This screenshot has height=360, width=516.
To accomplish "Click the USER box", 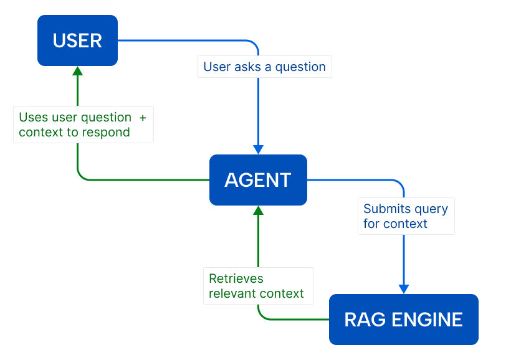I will pos(77,40).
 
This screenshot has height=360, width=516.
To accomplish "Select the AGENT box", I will pos(258,180).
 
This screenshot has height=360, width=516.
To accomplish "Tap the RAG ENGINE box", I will pos(403,320).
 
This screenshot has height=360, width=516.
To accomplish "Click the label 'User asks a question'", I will pos(264,67).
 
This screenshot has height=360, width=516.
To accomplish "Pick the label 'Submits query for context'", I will pos(406,216).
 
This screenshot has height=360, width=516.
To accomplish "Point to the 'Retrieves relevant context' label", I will pos(257,286).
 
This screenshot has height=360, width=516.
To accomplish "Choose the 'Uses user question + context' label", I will pos(83,125).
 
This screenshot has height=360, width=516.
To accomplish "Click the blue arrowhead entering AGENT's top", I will pos(258,149).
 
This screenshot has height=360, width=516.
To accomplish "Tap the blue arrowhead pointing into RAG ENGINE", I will pos(403,289).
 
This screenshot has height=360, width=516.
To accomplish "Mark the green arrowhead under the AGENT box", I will pos(258,211).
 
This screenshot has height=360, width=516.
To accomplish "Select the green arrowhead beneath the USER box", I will pos(77,71).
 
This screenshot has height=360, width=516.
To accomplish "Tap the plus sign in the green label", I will pos(143,117).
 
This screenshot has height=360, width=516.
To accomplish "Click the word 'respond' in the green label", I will pos(108,132).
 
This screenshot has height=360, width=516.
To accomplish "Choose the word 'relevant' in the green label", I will pos(232,293).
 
